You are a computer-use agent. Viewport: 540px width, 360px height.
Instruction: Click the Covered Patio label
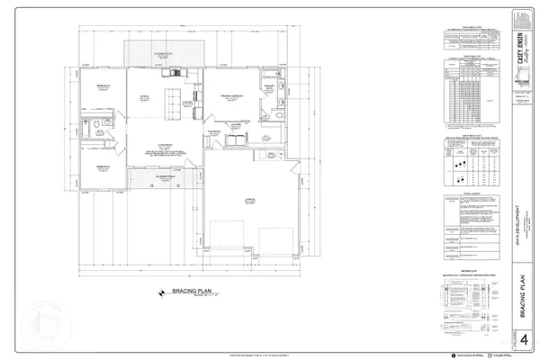pyautogui.click(x=165, y=55)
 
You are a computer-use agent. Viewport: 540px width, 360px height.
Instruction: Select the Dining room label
pyautogui.click(x=142, y=96)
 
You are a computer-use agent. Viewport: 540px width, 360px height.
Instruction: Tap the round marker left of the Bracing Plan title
pyautogui.click(x=163, y=292)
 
